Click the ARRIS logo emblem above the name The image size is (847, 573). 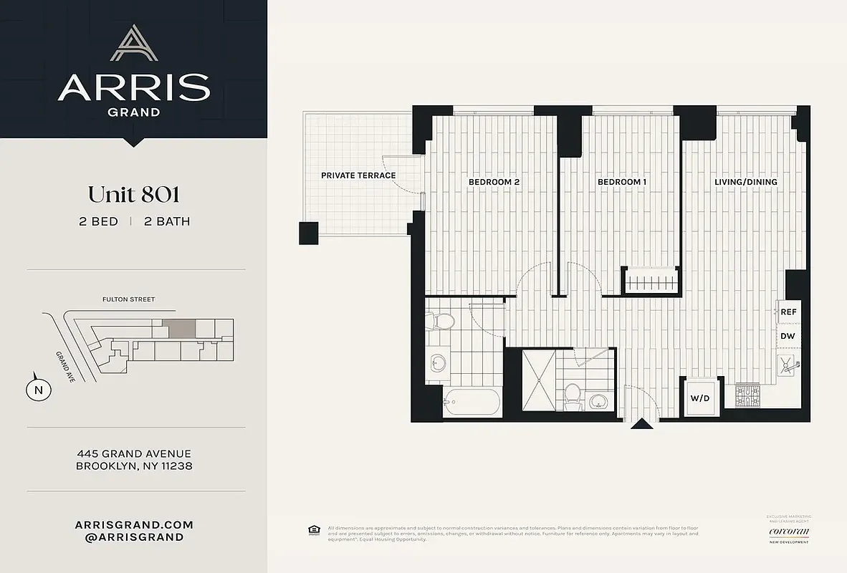(133, 44)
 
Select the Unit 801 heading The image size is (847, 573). (133, 194)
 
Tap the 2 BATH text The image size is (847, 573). (167, 221)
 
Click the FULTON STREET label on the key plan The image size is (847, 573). (128, 299)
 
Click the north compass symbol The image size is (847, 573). (38, 390)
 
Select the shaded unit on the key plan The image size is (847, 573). (178, 329)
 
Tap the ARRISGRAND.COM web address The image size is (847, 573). (133, 524)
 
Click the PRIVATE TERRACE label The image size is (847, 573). (358, 175)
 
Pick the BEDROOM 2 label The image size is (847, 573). (494, 182)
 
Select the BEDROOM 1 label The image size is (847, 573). (622, 182)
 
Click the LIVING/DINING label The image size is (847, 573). (745, 182)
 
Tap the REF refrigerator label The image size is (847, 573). (788, 312)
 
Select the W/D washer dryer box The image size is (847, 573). (699, 398)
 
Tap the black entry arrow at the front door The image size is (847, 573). (641, 424)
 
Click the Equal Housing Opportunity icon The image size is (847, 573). (313, 530)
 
